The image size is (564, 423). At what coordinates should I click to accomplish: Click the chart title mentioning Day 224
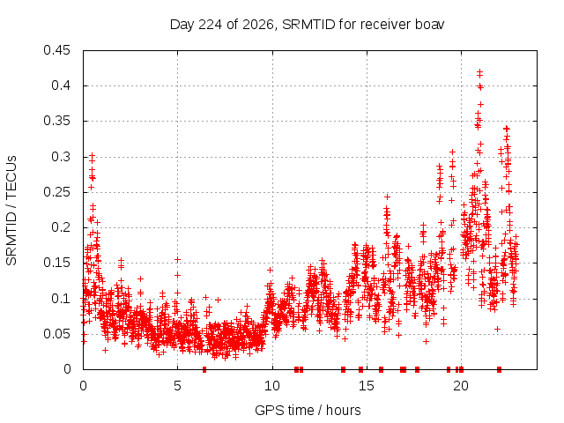pos(307,25)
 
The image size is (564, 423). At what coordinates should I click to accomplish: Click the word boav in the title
pos(430,25)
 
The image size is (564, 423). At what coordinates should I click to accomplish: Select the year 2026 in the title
pos(257,25)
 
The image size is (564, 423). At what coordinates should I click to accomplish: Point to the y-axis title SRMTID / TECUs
pos(11,211)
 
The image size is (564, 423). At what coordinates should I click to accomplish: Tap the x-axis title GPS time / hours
pos(308,410)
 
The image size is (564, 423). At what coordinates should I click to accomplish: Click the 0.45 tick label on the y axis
pos(56,50)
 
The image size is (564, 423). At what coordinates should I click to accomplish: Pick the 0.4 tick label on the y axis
pos(61,85)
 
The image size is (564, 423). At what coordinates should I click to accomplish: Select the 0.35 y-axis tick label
pos(56,121)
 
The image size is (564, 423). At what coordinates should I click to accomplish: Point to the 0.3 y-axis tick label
pos(61,157)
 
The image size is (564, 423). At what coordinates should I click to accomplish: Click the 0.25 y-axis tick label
pos(56,192)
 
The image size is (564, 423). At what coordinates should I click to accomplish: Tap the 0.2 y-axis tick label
pos(61,227)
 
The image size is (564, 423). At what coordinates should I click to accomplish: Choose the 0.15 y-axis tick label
pos(56,263)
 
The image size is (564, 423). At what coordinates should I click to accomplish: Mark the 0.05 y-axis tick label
pos(56,334)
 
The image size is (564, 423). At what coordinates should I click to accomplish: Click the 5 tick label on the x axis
pos(177,386)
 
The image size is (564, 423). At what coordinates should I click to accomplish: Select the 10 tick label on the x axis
pos(272,386)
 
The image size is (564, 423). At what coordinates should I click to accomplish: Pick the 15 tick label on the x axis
pos(367,386)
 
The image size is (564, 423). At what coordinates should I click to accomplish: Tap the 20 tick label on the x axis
pos(461,386)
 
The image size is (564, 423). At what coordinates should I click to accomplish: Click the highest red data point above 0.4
pos(479,72)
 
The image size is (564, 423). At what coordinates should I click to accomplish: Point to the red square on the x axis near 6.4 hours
pos(204,369)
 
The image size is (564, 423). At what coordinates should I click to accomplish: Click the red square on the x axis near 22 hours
pos(499,369)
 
